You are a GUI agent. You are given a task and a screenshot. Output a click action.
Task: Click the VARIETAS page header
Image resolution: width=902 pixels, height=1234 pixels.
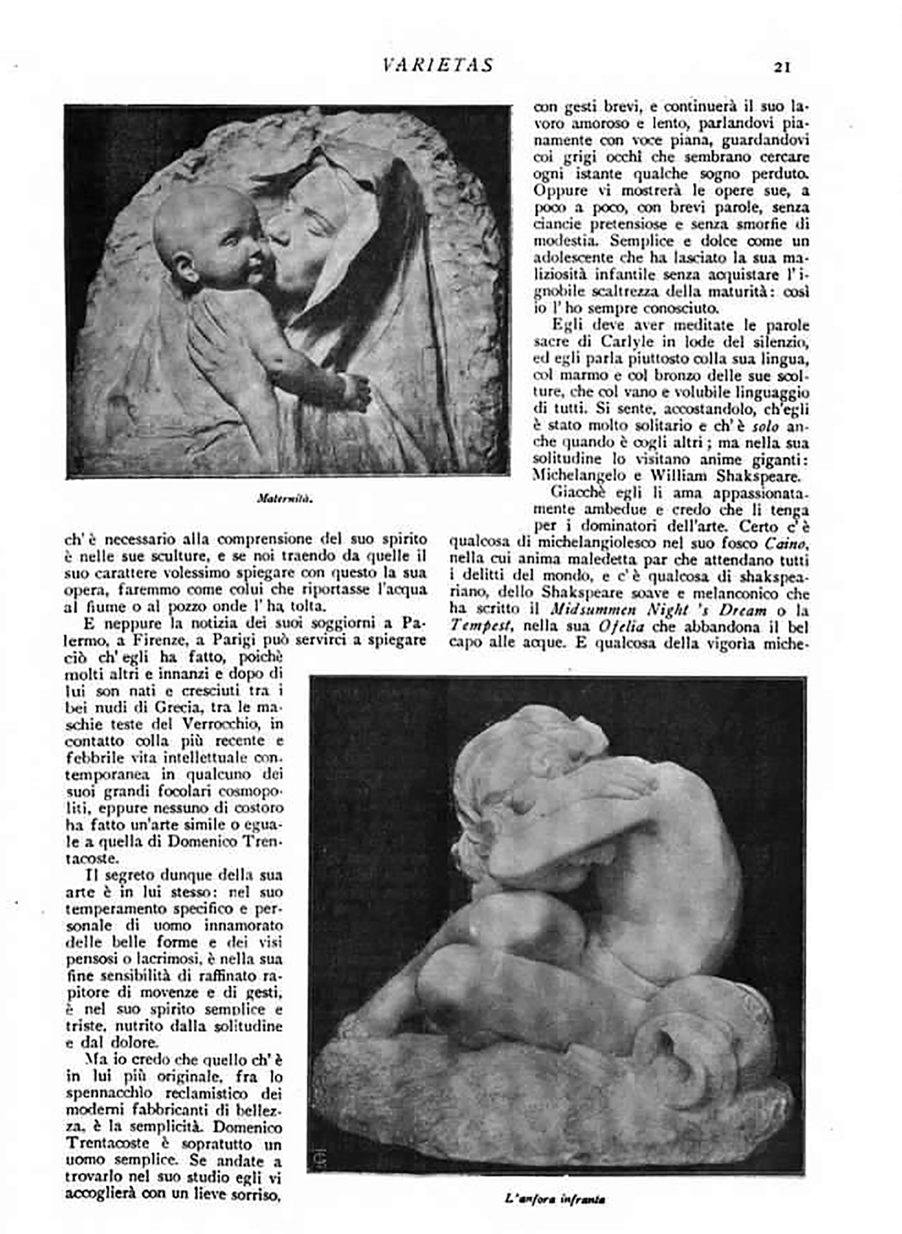point(438,65)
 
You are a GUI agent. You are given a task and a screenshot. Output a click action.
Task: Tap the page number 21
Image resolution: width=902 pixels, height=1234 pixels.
point(782,67)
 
